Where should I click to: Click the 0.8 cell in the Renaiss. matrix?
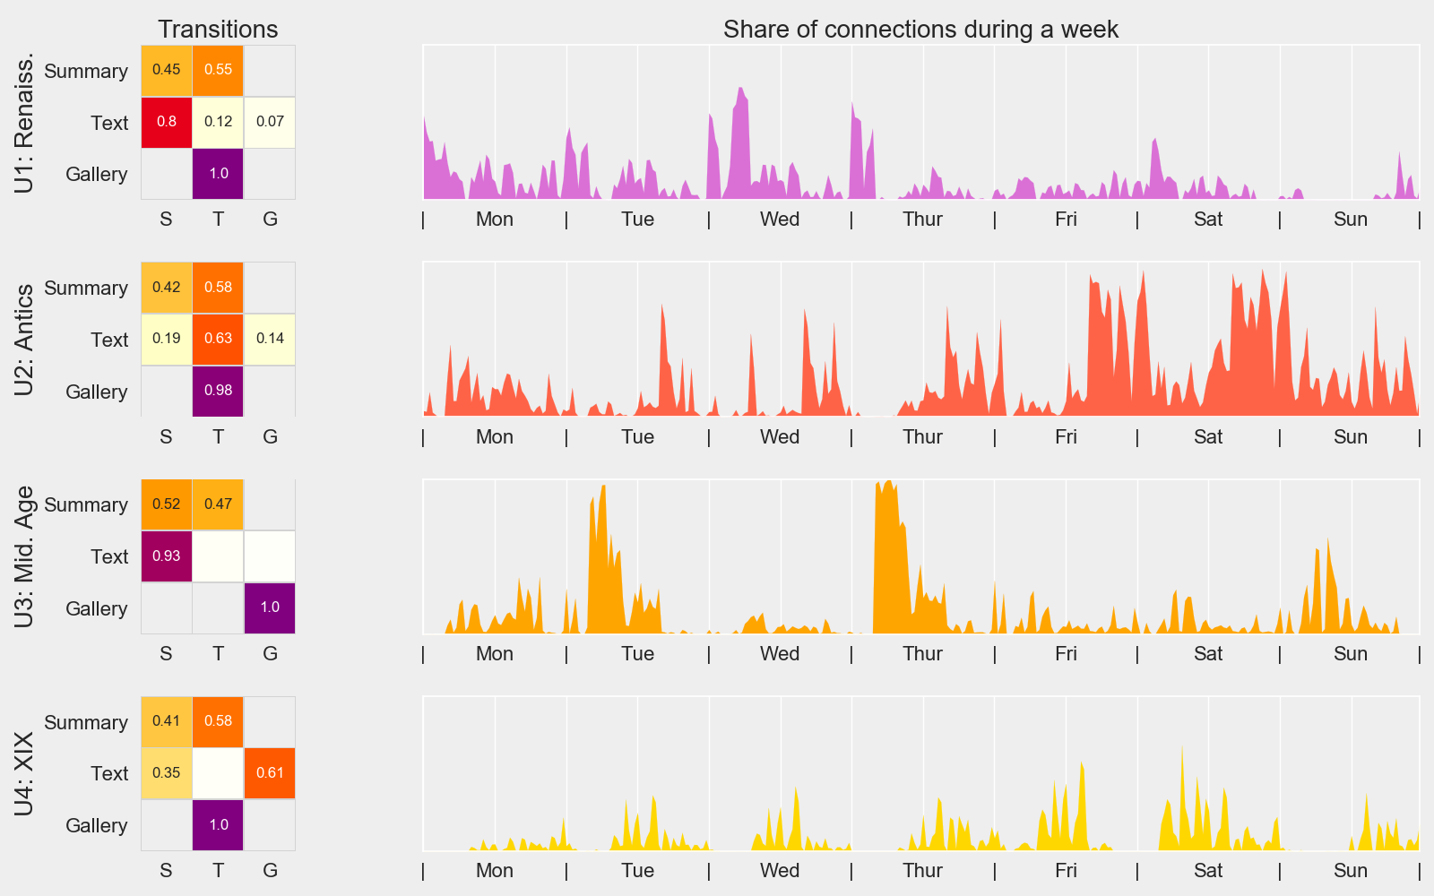[x=167, y=122]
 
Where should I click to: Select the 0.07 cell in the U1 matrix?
[x=270, y=122]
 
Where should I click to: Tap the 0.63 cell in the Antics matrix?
[x=218, y=339]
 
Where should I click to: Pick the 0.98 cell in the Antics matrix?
[x=218, y=391]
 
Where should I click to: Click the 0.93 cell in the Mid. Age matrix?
[x=167, y=556]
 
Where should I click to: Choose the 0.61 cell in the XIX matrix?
[x=270, y=773]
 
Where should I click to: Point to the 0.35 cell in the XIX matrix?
[x=167, y=773]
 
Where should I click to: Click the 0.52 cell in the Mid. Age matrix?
[x=167, y=504]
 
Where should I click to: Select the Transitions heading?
[x=218, y=30]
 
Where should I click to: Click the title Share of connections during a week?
[x=920, y=30]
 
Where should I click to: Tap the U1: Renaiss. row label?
[x=24, y=122]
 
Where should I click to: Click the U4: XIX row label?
[x=24, y=773]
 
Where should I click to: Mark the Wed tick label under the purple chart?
[x=780, y=220]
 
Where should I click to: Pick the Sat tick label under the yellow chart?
[x=1208, y=871]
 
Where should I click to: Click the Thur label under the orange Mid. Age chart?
[x=922, y=654]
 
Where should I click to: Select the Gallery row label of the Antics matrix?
[x=96, y=392]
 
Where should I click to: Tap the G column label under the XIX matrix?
[x=270, y=871]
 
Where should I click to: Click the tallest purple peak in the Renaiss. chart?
[x=740, y=89]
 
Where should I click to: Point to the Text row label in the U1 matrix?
[x=109, y=123]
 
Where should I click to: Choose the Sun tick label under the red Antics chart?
[x=1350, y=437]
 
